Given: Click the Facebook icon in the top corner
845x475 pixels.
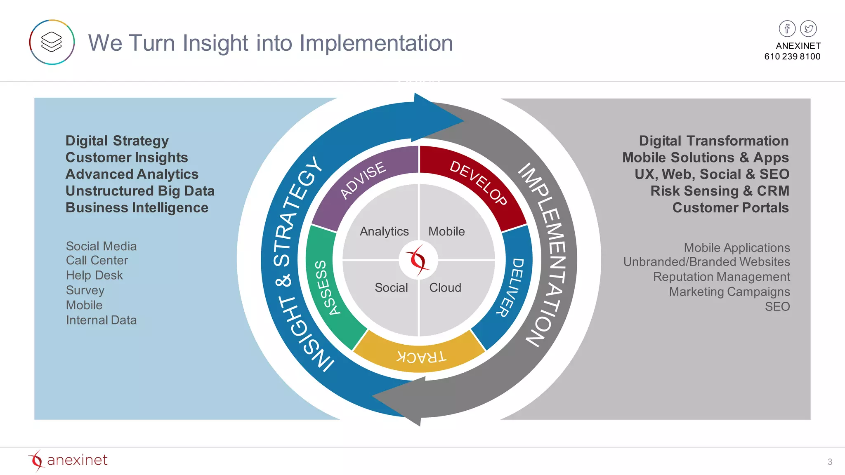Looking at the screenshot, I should click(x=787, y=28).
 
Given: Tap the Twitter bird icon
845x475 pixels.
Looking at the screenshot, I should click(x=808, y=28).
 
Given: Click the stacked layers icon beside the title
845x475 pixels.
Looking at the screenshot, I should click(x=52, y=42).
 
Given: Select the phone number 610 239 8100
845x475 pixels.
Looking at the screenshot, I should click(x=792, y=56).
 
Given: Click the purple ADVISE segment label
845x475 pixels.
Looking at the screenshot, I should click(x=363, y=180).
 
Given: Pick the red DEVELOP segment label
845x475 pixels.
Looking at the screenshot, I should click(x=478, y=182).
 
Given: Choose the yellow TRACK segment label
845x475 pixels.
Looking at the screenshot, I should click(x=421, y=357).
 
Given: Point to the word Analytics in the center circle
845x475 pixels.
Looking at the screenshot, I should click(x=384, y=231).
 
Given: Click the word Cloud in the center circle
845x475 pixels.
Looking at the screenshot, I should click(x=445, y=287).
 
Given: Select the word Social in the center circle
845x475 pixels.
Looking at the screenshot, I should click(x=391, y=287).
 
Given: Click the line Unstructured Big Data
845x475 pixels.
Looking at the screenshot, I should click(x=140, y=191).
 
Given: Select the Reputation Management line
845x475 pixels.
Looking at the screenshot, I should click(x=721, y=277).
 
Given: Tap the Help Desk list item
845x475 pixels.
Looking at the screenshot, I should click(x=94, y=275).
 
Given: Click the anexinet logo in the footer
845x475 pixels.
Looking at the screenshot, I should click(x=68, y=460).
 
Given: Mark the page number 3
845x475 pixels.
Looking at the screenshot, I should click(x=830, y=462).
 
